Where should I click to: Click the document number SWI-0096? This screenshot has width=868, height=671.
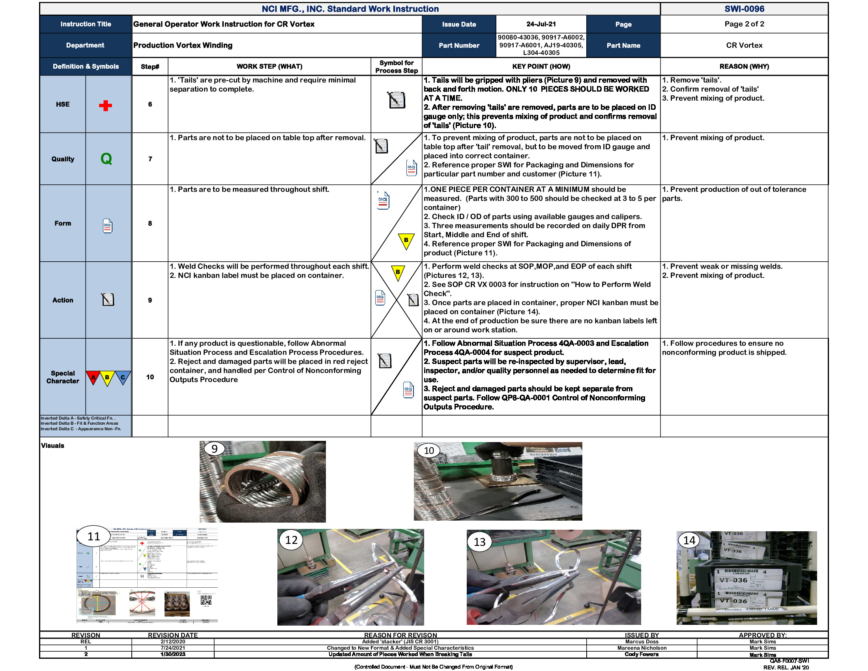click(x=744, y=9)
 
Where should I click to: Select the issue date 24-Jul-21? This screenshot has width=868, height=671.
click(x=541, y=24)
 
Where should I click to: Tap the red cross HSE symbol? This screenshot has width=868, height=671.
click(x=105, y=105)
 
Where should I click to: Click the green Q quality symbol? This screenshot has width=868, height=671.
click(x=106, y=159)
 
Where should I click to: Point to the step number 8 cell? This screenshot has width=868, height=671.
click(x=150, y=223)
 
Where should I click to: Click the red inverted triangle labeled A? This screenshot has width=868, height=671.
click(x=94, y=377)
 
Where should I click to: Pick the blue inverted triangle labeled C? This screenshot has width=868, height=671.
click(x=123, y=377)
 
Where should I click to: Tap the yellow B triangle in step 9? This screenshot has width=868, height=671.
click(x=398, y=273)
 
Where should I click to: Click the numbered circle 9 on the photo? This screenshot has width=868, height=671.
click(x=214, y=449)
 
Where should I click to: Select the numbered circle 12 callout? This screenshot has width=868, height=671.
click(x=291, y=540)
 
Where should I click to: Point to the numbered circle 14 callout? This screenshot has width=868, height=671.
click(x=689, y=540)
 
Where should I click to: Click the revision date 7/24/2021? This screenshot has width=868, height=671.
click(x=172, y=648)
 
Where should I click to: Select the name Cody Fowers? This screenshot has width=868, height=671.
click(x=642, y=654)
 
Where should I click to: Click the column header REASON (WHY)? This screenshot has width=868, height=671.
click(x=744, y=66)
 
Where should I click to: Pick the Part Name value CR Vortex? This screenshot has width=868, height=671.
click(x=744, y=45)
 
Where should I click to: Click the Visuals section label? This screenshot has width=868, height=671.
click(x=52, y=446)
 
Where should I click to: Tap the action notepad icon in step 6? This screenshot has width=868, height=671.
click(x=396, y=100)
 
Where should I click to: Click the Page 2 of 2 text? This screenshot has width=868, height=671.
click(x=744, y=24)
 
